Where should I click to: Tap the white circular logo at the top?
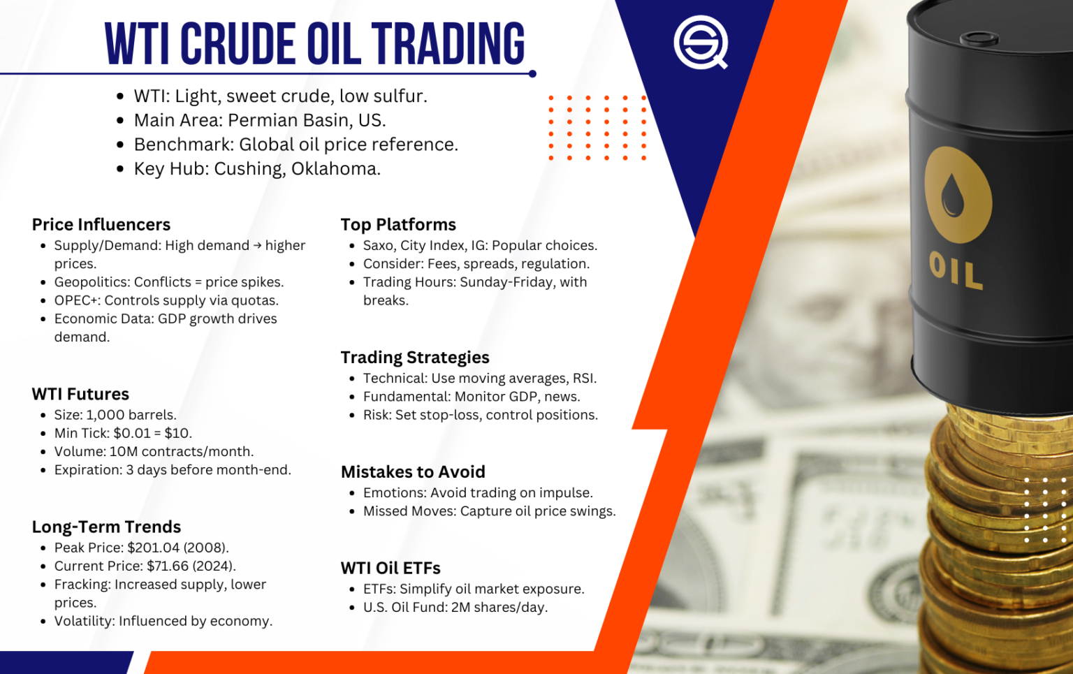pyautogui.click(x=700, y=42)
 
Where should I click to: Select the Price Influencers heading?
pyautogui.click(x=101, y=224)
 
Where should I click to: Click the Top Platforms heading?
pyautogui.click(x=398, y=224)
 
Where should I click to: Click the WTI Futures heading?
pyautogui.click(x=80, y=394)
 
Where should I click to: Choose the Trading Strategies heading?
pyautogui.click(x=415, y=358)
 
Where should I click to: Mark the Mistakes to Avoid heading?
pyautogui.click(x=413, y=472)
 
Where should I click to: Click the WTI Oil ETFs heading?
pyautogui.click(x=390, y=568)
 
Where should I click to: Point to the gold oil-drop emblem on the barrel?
pyautogui.click(x=957, y=195)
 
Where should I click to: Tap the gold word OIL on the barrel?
pyautogui.click(x=956, y=271)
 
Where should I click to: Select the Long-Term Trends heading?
pyautogui.click(x=106, y=527)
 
